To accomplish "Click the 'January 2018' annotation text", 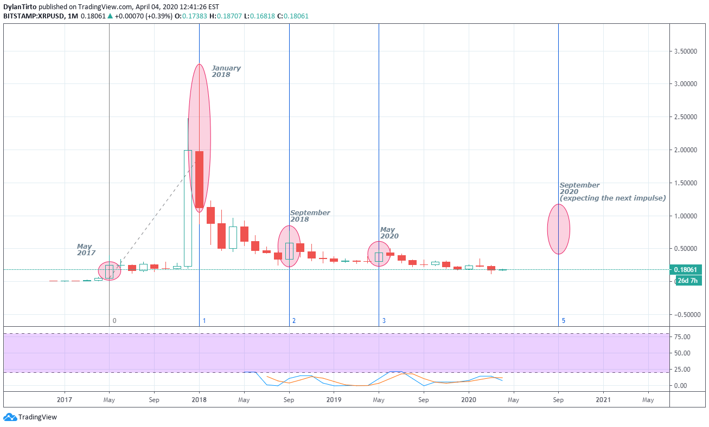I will (x=226, y=72).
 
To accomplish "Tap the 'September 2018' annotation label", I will (x=310, y=216).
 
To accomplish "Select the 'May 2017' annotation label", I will (x=86, y=249).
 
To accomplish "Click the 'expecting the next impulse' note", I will (x=612, y=198).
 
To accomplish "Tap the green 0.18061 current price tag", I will (x=688, y=269).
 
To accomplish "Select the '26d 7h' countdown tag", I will (x=688, y=281).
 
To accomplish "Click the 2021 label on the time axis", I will (x=603, y=400).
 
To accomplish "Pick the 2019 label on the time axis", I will (x=334, y=400).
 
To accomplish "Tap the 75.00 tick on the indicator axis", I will (x=682, y=337).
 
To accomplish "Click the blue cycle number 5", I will (x=563, y=321).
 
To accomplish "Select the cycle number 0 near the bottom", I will (x=114, y=321).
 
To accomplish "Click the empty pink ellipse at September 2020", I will (x=558, y=229).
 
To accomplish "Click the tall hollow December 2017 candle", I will (x=188, y=208).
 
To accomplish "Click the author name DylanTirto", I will (x=20, y=7).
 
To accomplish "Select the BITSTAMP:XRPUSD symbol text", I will (x=32, y=16).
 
